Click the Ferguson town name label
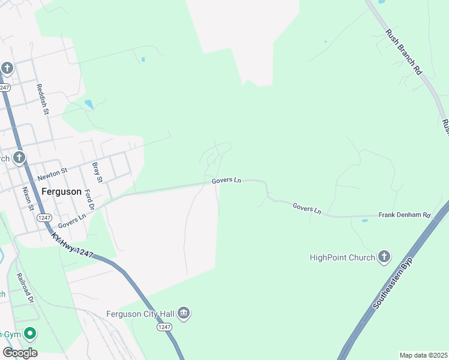(61, 191)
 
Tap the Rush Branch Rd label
(404, 52)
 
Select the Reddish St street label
(42, 100)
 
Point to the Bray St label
(97, 172)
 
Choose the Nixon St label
(27, 199)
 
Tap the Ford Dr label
(89, 199)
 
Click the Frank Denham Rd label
(405, 215)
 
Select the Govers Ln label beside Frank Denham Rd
(307, 208)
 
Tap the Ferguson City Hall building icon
(184, 313)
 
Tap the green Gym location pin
(29, 334)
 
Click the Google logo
(20, 352)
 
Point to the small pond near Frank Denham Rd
(364, 221)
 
